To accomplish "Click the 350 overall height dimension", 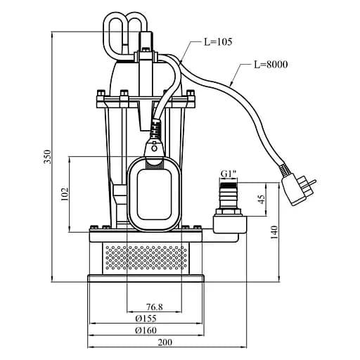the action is click(x=48, y=157).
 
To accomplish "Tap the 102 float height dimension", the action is click(x=65, y=194).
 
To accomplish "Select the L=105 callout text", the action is click(x=218, y=42).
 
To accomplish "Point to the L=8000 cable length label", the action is click(x=271, y=65).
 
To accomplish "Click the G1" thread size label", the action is click(x=229, y=174).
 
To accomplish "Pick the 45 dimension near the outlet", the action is click(x=262, y=199).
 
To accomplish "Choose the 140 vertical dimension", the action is click(x=274, y=232).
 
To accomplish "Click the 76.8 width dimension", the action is click(x=155, y=307).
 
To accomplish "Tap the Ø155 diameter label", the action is click(x=146, y=319).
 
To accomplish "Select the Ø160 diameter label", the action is click(x=146, y=330).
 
